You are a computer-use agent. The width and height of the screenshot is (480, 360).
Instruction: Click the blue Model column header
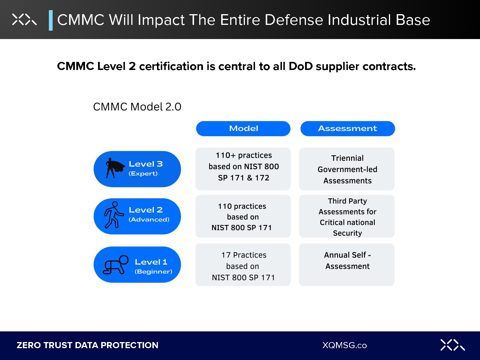pos(243,129)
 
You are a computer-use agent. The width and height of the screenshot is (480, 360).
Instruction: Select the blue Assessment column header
pos(348,129)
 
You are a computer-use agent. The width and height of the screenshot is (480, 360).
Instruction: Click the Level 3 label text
pos(146,164)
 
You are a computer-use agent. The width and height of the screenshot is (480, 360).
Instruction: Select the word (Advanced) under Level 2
pos(149,219)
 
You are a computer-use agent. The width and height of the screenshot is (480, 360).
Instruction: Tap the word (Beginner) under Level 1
pos(153,272)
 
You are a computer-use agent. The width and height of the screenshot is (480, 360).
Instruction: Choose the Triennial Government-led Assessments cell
pos(347,169)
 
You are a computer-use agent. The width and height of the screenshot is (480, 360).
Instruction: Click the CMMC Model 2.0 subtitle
pos(137,107)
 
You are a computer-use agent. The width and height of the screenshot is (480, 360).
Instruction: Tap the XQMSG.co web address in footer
pos(344,345)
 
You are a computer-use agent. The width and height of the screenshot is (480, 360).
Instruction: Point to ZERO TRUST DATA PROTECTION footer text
pos(87,345)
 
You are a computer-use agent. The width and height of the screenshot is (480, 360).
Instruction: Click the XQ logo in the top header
pos(24,20)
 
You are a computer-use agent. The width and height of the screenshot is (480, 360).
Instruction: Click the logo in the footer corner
pos(452,345)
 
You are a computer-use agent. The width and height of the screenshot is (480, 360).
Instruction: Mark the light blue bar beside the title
pos(51,20)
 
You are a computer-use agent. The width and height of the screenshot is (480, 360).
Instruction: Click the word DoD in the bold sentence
pos(301,67)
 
